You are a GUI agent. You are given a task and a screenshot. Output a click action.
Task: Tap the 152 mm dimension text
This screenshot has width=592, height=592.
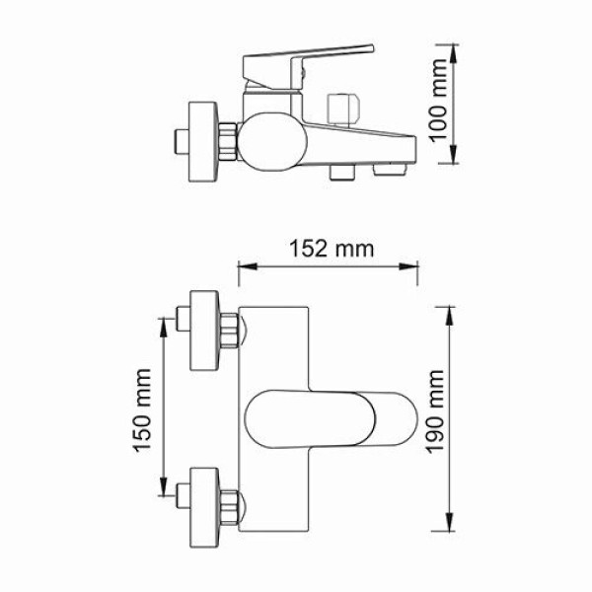click(331, 249)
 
